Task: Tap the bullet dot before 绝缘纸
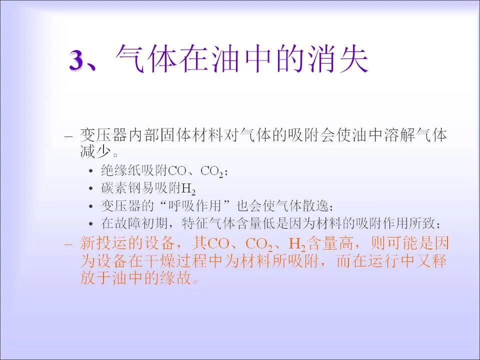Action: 90,171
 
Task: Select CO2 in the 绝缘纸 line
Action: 212,171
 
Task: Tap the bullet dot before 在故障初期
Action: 90,223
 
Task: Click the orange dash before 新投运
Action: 69,244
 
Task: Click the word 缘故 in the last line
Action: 177,278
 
